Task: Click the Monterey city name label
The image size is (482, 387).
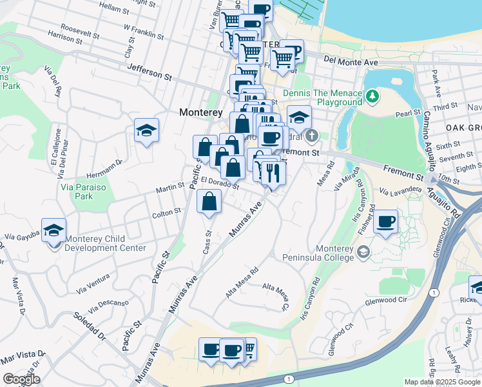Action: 201,112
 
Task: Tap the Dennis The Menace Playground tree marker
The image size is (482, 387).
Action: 372,96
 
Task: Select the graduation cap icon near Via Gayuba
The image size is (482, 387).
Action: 54,230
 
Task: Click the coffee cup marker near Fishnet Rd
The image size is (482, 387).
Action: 386,222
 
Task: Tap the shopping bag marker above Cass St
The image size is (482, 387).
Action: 209,201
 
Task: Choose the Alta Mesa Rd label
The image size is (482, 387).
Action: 242,282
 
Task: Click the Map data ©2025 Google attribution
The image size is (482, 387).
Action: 442,382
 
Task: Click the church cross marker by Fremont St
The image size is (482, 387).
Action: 312,136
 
